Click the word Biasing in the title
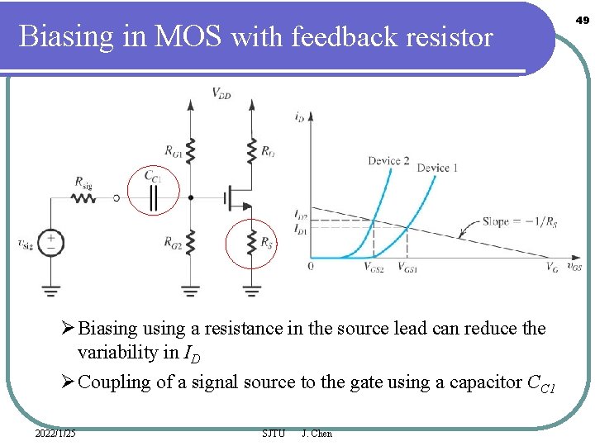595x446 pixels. tap(65, 37)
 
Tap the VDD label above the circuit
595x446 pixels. tap(221, 94)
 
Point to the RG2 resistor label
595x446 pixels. tap(173, 243)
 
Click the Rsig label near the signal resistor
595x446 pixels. tap(83, 183)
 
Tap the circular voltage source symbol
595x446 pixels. tap(51, 243)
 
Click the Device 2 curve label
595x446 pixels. tap(388, 160)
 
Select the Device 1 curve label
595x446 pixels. tap(438, 168)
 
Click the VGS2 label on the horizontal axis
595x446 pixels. tap(374, 268)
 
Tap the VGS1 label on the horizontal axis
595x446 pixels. tap(407, 268)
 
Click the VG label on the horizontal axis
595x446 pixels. tap(551, 267)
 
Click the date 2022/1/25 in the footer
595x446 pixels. tap(55, 434)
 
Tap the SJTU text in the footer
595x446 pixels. tap(273, 434)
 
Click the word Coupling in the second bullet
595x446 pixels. tap(111, 382)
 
